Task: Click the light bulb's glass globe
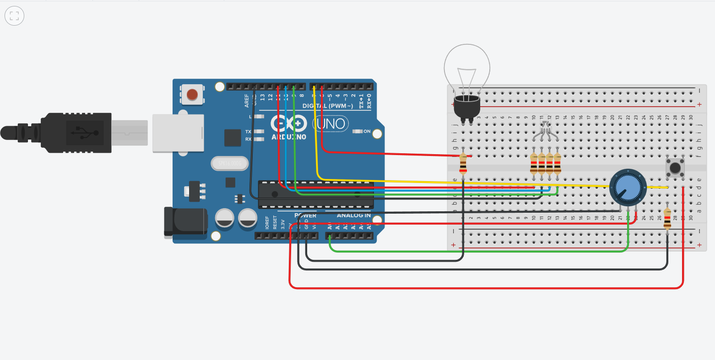(x=467, y=69)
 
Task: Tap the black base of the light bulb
(x=466, y=107)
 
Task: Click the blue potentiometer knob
(x=627, y=188)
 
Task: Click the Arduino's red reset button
(x=192, y=95)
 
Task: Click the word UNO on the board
(x=330, y=124)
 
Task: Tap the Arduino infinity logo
(x=288, y=124)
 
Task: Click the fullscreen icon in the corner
(x=14, y=16)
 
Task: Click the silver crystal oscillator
(x=229, y=163)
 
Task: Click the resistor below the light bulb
(x=463, y=164)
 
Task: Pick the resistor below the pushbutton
(x=667, y=219)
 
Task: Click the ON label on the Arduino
(x=367, y=132)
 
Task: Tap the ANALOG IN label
(x=353, y=215)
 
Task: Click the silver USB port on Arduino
(x=178, y=133)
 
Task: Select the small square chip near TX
(x=233, y=138)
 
